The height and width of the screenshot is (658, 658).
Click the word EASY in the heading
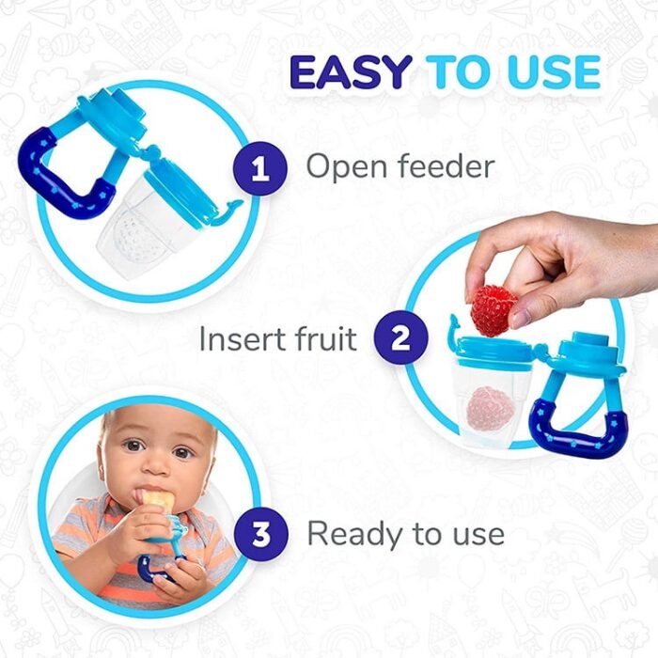pos(351,71)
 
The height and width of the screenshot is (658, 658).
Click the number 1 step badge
pos(260,168)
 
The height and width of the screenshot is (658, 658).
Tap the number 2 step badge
pos(401,337)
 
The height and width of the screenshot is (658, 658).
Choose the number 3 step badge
pos(261,534)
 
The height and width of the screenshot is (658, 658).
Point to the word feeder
pos(446,165)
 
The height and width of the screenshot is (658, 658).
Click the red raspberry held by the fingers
pos(493,309)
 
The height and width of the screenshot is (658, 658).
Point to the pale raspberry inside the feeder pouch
pos(490,408)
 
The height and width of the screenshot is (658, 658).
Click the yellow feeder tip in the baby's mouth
pos(157,499)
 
